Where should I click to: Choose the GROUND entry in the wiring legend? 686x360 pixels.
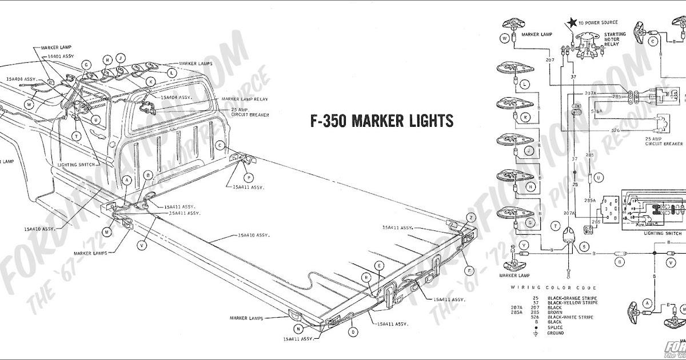point(556,333)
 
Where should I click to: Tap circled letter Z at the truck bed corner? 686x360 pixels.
point(471,218)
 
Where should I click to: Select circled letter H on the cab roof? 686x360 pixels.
point(107,59)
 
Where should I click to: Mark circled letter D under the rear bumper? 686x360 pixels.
point(354,331)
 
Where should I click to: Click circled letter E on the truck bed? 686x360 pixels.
point(378,265)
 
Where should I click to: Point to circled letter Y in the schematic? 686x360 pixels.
point(508,245)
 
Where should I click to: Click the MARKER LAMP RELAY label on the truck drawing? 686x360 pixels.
point(245,99)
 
